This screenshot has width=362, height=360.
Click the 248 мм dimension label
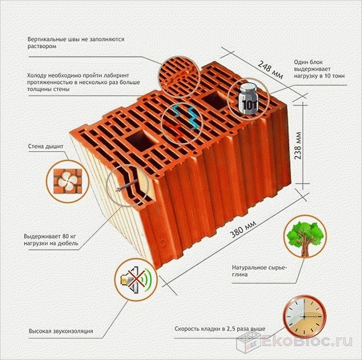(270, 70)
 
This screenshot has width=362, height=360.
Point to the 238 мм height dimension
(298, 146)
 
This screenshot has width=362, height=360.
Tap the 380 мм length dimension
(243, 229)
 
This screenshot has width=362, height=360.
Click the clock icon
(305, 317)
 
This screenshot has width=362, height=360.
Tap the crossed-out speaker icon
(136, 279)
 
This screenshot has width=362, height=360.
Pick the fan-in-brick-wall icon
(68, 181)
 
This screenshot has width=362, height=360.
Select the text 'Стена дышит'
(46, 146)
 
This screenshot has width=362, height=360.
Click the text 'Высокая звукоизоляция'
(61, 331)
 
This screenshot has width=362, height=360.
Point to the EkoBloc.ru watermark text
(307, 341)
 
